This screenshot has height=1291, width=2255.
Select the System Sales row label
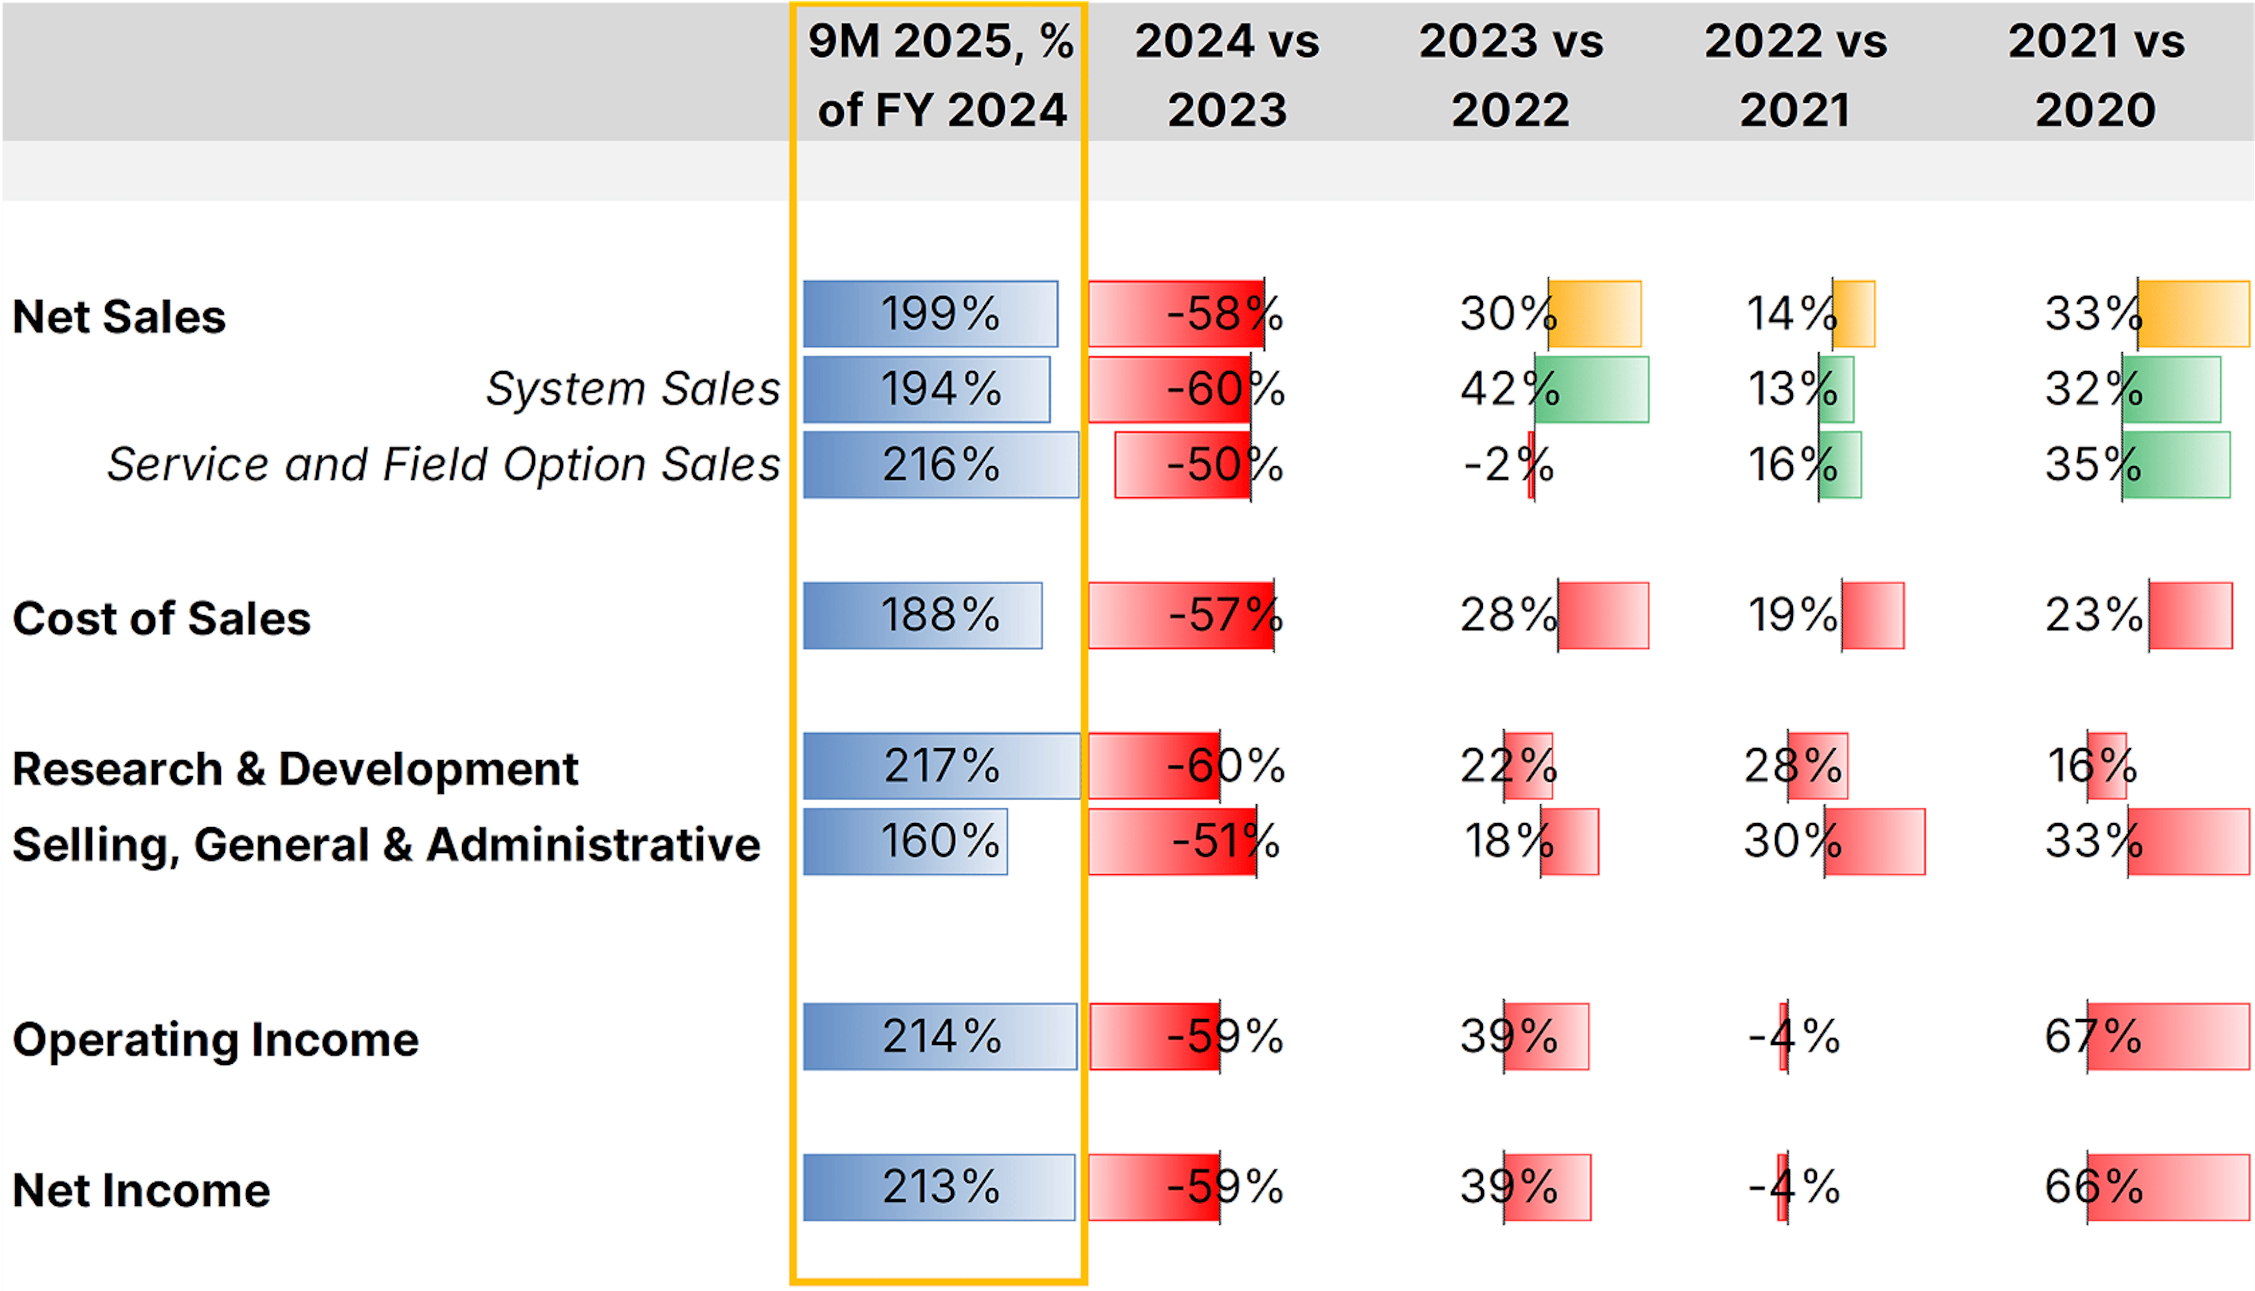[x=632, y=389]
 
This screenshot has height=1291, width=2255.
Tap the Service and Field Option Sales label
[x=443, y=464]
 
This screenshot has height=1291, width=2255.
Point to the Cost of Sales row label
[x=161, y=618]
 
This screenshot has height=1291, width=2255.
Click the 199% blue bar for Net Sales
[x=930, y=314]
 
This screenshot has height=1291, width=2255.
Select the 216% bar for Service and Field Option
[x=941, y=464]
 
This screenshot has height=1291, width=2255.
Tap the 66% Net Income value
[x=2093, y=1187]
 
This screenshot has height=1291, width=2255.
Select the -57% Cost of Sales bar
[x=1181, y=615]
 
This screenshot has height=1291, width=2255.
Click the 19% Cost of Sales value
[x=1791, y=615]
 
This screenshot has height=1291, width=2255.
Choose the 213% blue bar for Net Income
[x=939, y=1187]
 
